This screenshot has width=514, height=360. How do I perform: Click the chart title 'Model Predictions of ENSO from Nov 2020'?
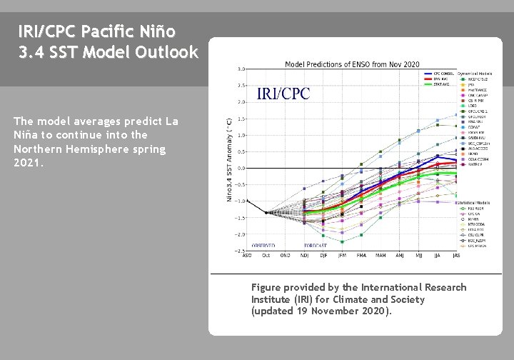pyautogui.click(x=352, y=64)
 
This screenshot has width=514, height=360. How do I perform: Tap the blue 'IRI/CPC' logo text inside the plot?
pyautogui.click(x=283, y=94)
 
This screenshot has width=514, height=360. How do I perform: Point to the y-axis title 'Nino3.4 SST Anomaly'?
pyautogui.click(x=229, y=159)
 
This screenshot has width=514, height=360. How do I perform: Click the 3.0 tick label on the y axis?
pyautogui.click(x=241, y=69)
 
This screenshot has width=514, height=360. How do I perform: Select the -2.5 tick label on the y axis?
pyautogui.click(x=241, y=251)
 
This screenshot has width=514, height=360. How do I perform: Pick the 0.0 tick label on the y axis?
pyautogui.click(x=241, y=168)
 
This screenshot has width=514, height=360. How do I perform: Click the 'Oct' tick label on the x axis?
pyautogui.click(x=266, y=256)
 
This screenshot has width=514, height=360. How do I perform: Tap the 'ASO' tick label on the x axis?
pyautogui.click(x=246, y=256)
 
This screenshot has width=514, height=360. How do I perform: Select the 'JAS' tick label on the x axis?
pyautogui.click(x=456, y=256)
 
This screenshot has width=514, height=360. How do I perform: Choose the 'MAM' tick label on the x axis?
pyautogui.click(x=381, y=256)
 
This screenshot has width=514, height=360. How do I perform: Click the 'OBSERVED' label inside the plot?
pyautogui.click(x=263, y=245)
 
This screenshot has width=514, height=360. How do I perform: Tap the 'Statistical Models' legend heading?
pyautogui.click(x=474, y=203)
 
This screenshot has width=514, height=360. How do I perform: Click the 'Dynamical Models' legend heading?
pyautogui.click(x=475, y=73)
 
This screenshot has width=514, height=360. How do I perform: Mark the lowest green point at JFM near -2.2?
pyautogui.click(x=341, y=241)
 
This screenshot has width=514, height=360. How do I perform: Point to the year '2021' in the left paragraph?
pyautogui.click(x=27, y=163)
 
